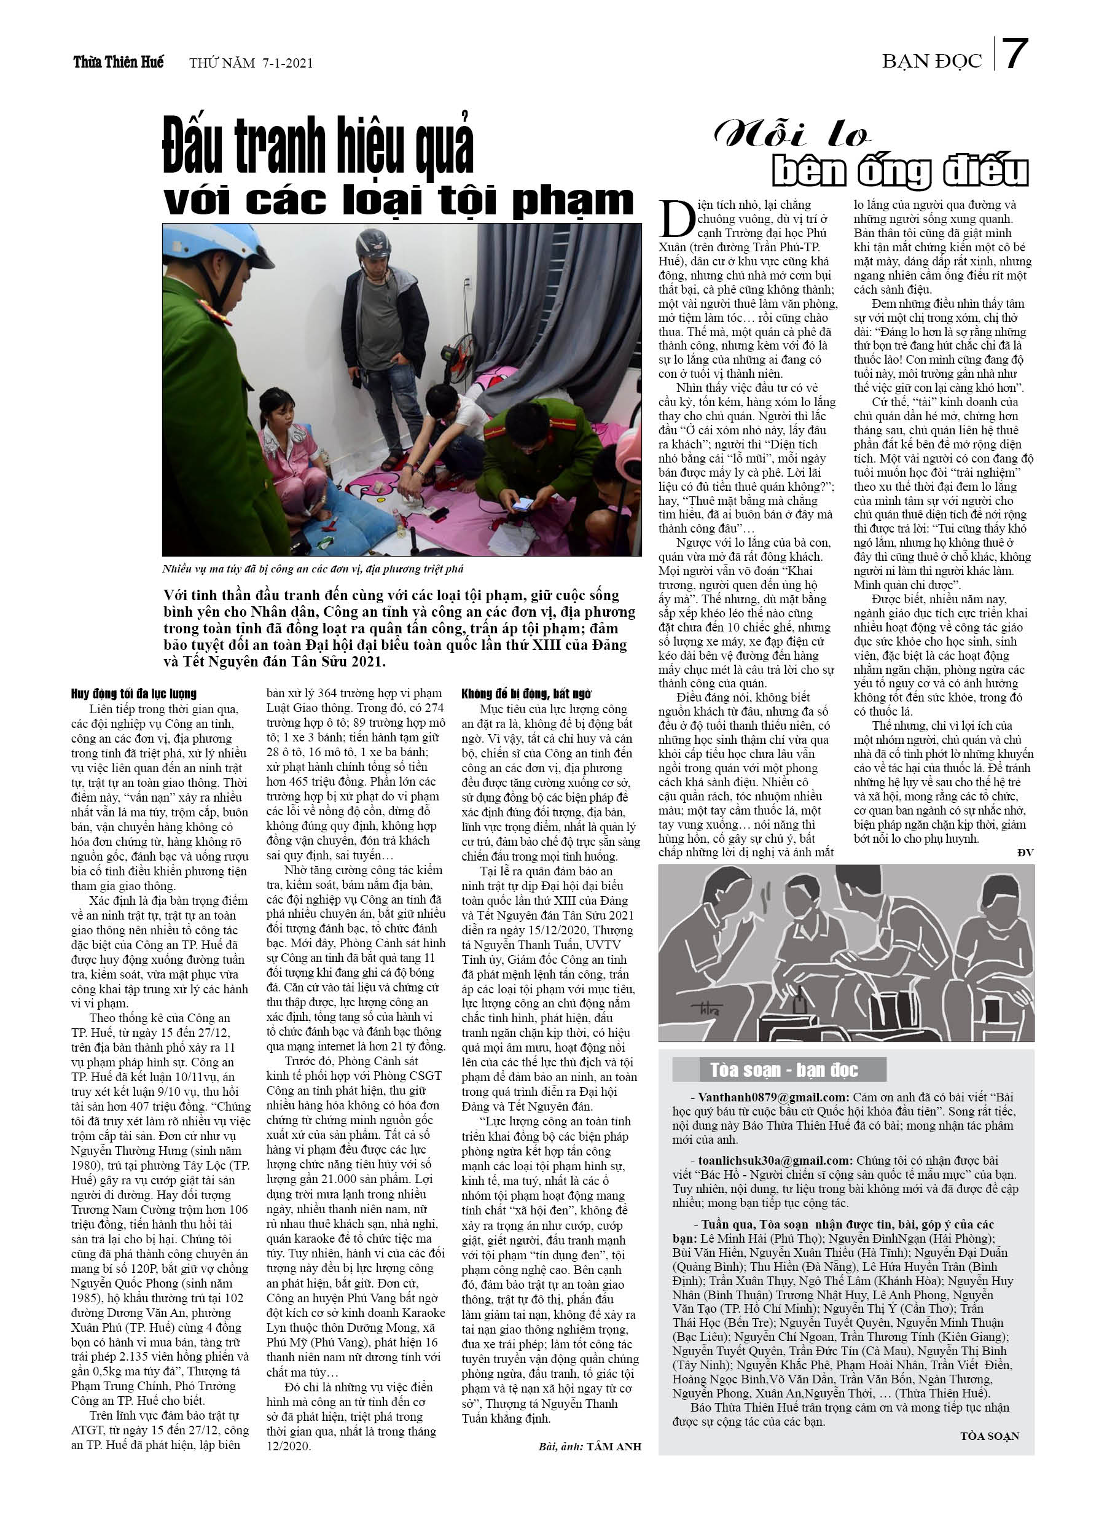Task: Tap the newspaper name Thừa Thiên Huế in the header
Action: coord(119,63)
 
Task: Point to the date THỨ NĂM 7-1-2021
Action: coord(251,63)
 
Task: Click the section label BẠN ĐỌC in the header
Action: coord(931,62)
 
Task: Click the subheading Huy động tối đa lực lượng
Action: coord(134,694)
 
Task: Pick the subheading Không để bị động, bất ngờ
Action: coord(526,694)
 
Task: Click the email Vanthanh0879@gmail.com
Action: coord(773,1097)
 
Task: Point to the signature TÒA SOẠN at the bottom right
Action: coord(990,1436)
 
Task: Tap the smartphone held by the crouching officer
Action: coord(524,504)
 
